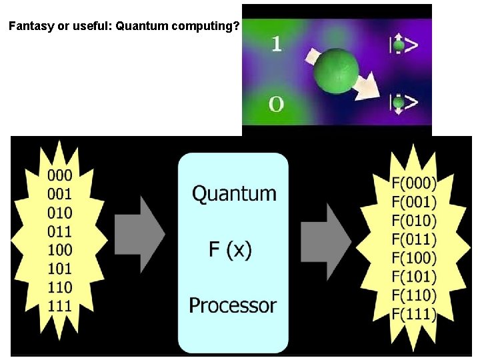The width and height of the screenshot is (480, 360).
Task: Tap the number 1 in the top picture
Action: point(277,44)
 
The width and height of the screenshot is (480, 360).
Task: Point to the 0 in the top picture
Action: point(277,104)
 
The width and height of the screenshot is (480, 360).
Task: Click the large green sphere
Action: point(336,70)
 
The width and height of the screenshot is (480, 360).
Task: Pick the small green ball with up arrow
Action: point(399,45)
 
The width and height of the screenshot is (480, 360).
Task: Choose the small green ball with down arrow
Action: point(399,103)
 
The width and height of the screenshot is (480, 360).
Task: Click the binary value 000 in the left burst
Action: point(60,176)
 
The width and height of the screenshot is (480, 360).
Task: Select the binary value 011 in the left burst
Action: point(60,232)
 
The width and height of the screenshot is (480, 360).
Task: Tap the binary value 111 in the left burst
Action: point(60,307)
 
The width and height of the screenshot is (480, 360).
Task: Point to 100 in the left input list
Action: point(60,251)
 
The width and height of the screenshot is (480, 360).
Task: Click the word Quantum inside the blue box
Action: point(234,194)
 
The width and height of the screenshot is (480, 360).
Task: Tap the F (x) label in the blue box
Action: point(230,250)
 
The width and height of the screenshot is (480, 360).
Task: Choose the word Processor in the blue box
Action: point(233,305)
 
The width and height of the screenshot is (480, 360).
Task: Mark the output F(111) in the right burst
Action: point(414,314)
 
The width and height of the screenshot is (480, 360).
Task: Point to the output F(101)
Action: point(414,277)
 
